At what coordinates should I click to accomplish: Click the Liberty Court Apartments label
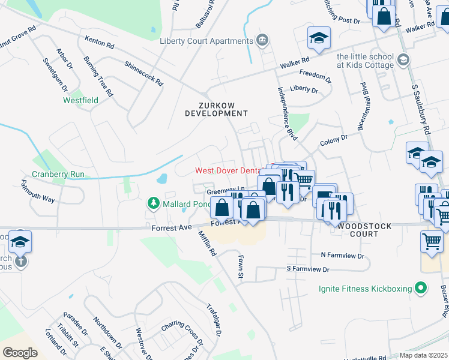[x=206, y=41]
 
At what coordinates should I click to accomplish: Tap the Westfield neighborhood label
[x=80, y=100]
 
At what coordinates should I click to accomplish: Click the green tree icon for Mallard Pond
[x=152, y=204]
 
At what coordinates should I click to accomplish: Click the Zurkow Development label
[x=216, y=109]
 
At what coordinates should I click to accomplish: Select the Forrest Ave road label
[x=171, y=227]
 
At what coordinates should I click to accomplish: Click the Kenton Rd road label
[x=100, y=43]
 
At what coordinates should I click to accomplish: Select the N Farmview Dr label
[x=342, y=255]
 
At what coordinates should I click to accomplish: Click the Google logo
[x=20, y=352]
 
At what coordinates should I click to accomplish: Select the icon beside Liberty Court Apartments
[x=262, y=41]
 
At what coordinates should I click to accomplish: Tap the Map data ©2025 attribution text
[x=424, y=355]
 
